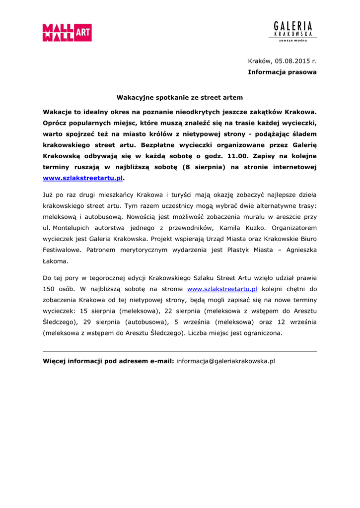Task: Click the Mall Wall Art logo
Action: point(67,32)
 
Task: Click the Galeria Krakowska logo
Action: point(293,31)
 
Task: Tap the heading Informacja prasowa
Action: point(282,72)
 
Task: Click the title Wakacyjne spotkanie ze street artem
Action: point(180,98)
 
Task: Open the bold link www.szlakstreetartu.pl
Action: point(82,178)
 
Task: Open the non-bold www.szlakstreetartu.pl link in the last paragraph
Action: point(222,289)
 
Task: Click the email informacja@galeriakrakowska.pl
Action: point(225,361)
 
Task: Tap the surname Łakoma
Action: point(55,260)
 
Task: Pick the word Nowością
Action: point(142,217)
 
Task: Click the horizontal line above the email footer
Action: point(180,351)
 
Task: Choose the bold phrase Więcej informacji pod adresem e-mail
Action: point(108,361)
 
